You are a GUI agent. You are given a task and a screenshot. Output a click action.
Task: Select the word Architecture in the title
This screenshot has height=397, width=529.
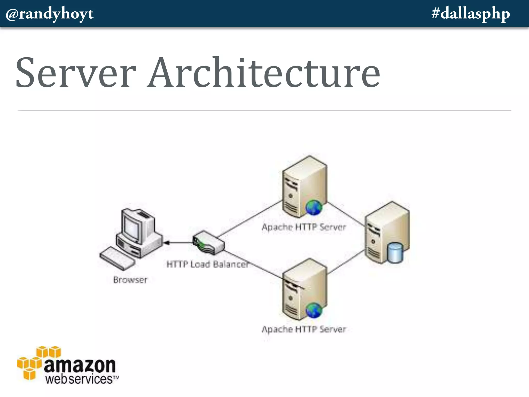point(263,73)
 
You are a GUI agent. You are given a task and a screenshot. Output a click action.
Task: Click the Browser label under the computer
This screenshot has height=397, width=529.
point(130,280)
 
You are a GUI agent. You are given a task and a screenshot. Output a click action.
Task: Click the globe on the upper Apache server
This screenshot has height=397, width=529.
point(314,208)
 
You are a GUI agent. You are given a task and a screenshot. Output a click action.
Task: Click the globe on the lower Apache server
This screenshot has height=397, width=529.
point(314,310)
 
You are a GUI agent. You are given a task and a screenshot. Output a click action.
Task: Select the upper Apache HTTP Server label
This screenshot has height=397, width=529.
point(304,227)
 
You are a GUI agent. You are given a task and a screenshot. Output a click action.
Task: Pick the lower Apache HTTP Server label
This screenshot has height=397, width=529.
point(304,329)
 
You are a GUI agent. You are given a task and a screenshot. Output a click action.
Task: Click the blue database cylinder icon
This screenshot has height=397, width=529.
point(395,253)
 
